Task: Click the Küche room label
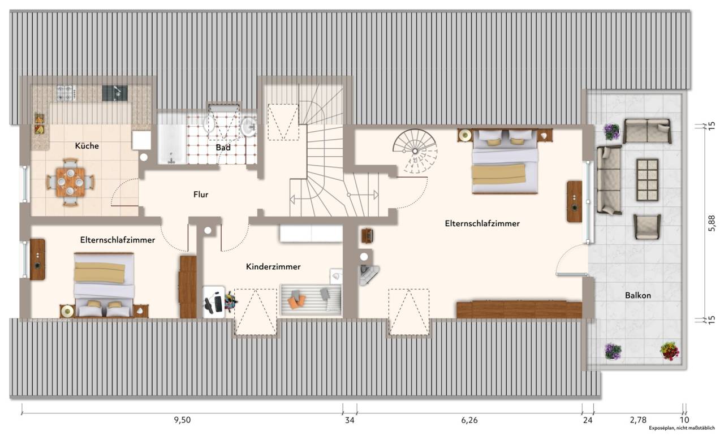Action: pyautogui.click(x=87, y=146)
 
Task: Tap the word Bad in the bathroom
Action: pyautogui.click(x=223, y=148)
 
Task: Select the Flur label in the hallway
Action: pyautogui.click(x=201, y=195)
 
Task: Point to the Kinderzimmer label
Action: pyautogui.click(x=273, y=267)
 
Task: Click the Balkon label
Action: pyautogui.click(x=637, y=295)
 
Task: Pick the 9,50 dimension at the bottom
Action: pyautogui.click(x=182, y=420)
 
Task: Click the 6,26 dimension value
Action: pyautogui.click(x=469, y=420)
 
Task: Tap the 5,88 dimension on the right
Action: pyautogui.click(x=712, y=223)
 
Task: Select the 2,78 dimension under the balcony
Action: pyautogui.click(x=638, y=420)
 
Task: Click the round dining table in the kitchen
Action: pyautogui.click(x=70, y=182)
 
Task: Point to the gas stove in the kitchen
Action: pyautogui.click(x=67, y=93)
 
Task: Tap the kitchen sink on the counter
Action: pyautogui.click(x=115, y=93)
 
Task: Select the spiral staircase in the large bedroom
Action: pyautogui.click(x=415, y=151)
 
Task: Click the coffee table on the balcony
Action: pyautogui.click(x=648, y=180)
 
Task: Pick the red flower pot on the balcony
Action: pyautogui.click(x=669, y=351)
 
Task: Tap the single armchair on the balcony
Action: pyautogui.click(x=647, y=227)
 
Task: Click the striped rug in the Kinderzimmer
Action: pyautogui.click(x=311, y=300)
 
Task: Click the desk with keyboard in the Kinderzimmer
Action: pyautogui.click(x=214, y=302)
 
